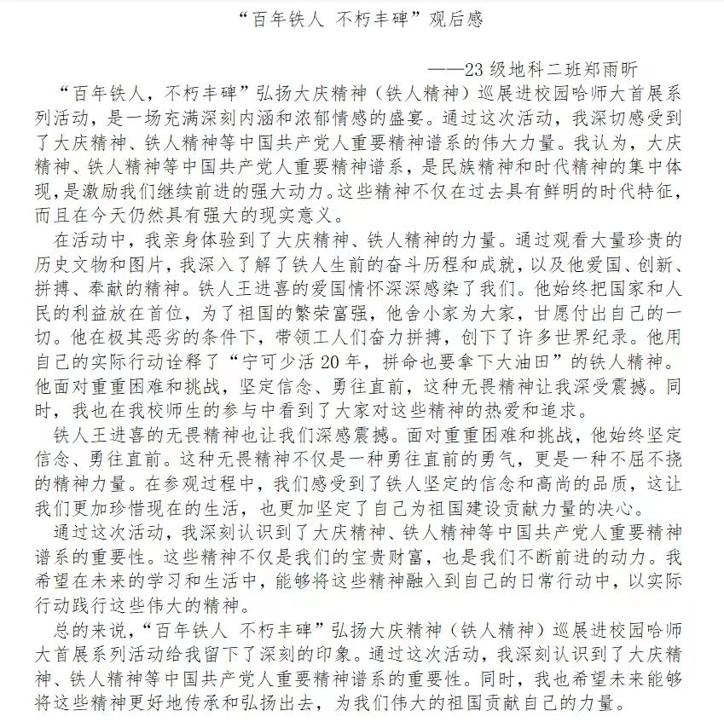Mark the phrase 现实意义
pyautogui.click(x=285, y=208)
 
